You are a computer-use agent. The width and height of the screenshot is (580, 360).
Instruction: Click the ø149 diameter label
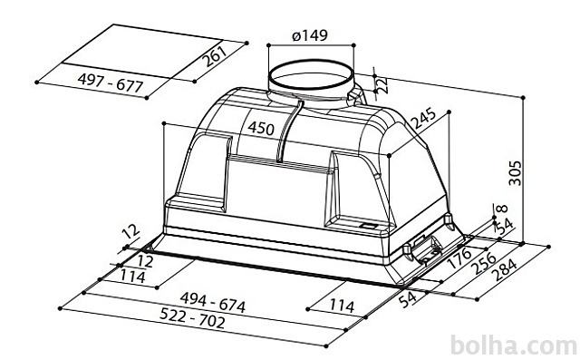click(310, 35)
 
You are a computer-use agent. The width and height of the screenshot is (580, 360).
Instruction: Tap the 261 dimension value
click(216, 55)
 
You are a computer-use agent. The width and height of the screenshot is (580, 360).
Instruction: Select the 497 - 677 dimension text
click(111, 83)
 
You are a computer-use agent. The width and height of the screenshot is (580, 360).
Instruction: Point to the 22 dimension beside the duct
click(382, 84)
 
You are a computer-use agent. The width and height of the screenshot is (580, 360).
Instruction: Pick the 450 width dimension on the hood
click(261, 129)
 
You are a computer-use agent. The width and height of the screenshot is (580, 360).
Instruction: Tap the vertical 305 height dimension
click(515, 173)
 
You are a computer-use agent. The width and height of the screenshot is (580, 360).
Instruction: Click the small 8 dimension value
click(502, 209)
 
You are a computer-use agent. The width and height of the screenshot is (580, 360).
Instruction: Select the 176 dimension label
click(459, 258)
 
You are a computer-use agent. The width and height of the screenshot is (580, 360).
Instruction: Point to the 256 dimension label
click(484, 263)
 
